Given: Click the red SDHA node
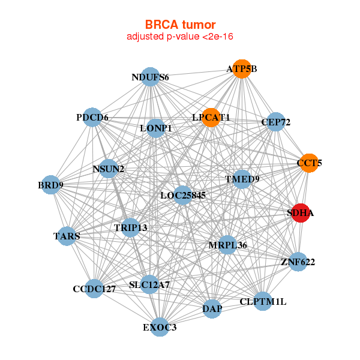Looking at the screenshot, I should [301, 213].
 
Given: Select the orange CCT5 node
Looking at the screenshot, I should [309, 163].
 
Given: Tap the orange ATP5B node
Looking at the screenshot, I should [241, 68].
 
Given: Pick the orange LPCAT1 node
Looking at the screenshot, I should [211, 117].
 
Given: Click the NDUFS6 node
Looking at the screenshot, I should [151, 77].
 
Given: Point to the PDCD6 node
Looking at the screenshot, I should [93, 118].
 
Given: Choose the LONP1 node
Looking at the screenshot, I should [155, 128].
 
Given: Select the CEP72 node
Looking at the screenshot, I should [275, 122].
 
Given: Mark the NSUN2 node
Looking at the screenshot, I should [109, 169].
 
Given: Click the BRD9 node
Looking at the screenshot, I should [51, 185].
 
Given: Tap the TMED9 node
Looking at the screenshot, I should [242, 179].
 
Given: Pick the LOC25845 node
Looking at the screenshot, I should [183, 195].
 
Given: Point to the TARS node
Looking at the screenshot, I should [67, 236].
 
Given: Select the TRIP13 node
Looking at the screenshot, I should [131, 228].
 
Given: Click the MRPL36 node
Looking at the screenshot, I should [227, 245].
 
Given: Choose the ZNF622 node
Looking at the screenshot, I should [298, 262].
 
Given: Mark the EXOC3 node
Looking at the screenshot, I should [160, 327].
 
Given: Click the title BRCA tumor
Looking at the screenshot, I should [179, 25].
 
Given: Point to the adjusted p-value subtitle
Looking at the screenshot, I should [179, 37].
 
